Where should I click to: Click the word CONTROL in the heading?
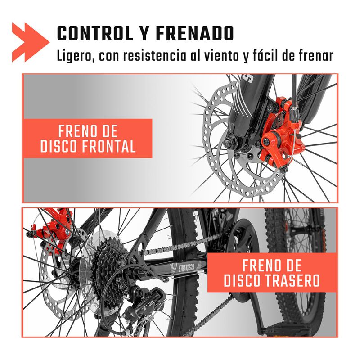point(95,33)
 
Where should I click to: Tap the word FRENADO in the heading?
point(195,33)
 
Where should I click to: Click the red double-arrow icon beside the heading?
point(31,42)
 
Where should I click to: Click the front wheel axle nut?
point(228,143)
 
